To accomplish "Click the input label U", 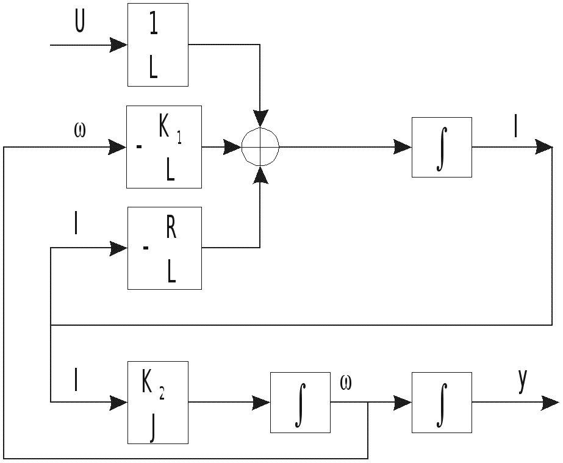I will (x=79, y=23).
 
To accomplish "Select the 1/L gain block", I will (x=157, y=45).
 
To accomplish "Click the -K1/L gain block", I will (x=163, y=147).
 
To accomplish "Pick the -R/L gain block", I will (x=164, y=248).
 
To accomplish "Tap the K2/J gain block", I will (x=157, y=402).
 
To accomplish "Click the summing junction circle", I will (x=260, y=147).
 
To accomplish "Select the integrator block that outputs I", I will (x=442, y=147).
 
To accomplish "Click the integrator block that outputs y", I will (x=442, y=402).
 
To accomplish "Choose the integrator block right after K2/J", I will (x=300, y=402).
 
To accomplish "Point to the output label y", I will (x=522, y=381).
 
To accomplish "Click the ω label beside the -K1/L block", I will (x=79, y=130).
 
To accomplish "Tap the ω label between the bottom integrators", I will (x=345, y=384).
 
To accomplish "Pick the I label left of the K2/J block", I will (x=76, y=381).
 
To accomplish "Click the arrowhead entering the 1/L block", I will (x=118, y=45).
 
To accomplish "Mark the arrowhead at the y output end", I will (x=550, y=402).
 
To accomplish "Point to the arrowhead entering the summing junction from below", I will (x=260, y=175).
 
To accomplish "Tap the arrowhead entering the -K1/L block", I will (x=117, y=147).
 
